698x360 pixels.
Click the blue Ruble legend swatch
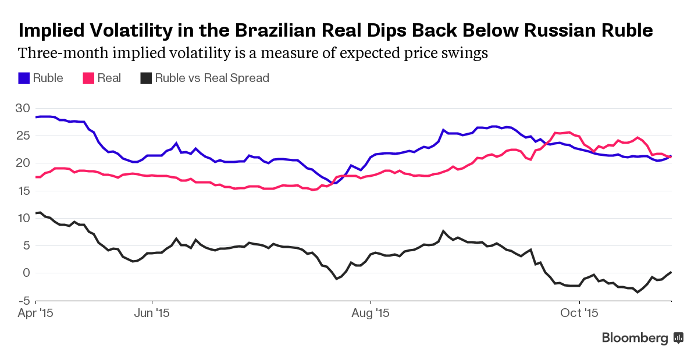pos(24,78)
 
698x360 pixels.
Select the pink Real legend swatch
pos(89,78)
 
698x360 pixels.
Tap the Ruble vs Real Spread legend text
pos(212,78)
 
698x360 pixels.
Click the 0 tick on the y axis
pos(26,273)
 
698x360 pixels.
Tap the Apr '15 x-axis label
pos(35,313)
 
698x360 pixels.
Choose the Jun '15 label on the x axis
pos(152,313)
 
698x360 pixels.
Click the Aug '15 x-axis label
pos(371,313)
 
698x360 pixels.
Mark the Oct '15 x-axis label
pos(579,313)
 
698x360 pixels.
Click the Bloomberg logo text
pos(635,337)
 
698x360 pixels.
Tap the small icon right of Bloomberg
pos(678,337)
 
